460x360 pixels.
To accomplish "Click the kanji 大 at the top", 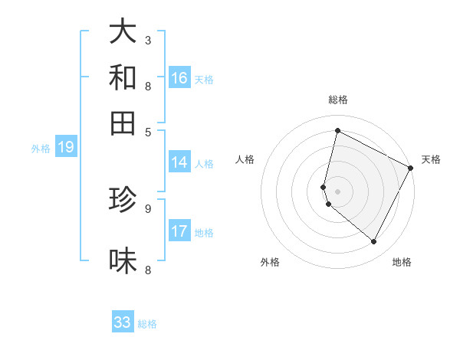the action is point(123,32).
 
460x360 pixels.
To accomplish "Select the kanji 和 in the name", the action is point(123,77).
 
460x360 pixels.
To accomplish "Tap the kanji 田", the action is point(123,122).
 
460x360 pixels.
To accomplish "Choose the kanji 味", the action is point(123,260).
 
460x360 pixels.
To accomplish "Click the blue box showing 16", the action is point(179,78).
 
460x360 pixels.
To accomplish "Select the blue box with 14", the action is point(179,162).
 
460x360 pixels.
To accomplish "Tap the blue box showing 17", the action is point(179,232).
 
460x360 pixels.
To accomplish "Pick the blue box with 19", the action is point(66,148).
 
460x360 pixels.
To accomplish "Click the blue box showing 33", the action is point(123,322).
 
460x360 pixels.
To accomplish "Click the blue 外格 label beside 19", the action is point(41,149).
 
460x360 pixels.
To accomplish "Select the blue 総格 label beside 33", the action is point(148,324).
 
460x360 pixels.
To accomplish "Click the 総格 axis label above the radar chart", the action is point(338,100).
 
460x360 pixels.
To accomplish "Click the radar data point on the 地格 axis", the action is point(374,242).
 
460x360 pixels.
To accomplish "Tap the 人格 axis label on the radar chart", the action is point(245,159).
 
